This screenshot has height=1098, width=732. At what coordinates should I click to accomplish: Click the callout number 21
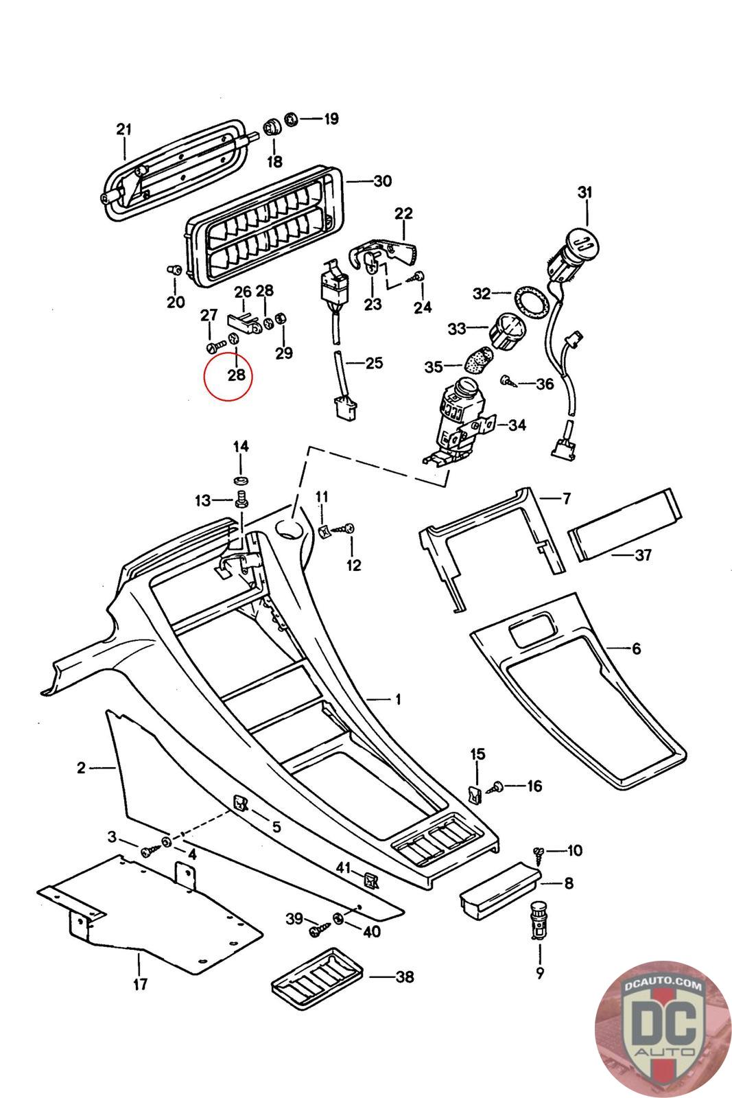123,129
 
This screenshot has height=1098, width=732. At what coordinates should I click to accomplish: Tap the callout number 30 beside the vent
382,181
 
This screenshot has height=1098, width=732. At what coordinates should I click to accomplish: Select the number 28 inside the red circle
236,375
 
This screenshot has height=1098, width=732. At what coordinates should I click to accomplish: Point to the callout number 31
584,193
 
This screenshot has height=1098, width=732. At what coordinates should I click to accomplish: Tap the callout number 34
517,425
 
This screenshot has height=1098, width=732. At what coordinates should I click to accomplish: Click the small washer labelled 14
241,478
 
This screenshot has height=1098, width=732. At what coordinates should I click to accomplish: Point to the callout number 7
567,499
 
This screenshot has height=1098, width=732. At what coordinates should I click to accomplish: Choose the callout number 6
636,649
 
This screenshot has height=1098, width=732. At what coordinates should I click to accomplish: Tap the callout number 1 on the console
398,700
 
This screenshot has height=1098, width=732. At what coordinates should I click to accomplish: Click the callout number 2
81,768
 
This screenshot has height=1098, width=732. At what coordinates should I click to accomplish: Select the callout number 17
140,984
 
